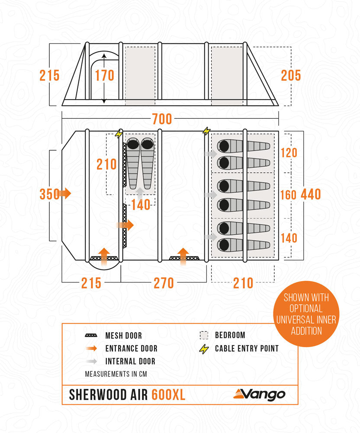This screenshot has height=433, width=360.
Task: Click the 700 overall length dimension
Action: tap(162, 119)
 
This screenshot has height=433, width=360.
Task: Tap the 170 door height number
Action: tap(105, 75)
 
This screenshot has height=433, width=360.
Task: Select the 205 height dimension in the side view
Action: tap(291, 75)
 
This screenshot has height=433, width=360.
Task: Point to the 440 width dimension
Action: tap(311, 194)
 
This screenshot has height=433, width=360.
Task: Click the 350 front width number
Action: tap(49, 194)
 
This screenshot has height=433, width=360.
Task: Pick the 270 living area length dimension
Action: tap(164, 283)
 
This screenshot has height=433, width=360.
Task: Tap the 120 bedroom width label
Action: tap(289, 153)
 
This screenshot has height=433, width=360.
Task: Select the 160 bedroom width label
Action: tap(289, 195)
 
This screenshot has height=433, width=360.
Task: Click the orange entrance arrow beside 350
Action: tap(65, 193)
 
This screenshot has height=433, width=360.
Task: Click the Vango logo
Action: tap(259, 394)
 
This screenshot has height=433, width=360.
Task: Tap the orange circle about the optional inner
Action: tap(306, 313)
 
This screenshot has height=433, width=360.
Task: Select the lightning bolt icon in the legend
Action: tap(204, 349)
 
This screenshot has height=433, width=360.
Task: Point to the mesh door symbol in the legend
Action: tap(91, 336)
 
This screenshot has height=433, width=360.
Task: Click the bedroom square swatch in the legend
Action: tap(204, 335)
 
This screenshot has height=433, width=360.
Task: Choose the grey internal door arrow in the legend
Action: tap(91, 361)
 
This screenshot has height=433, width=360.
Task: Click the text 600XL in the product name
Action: tap(168, 394)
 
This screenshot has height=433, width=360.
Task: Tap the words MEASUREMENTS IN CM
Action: tap(116, 374)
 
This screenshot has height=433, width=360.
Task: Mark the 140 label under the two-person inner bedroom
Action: tap(141, 205)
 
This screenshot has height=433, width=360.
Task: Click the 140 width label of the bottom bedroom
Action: tap(289, 238)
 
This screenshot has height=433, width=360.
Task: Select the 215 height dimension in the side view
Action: tap(49, 75)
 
